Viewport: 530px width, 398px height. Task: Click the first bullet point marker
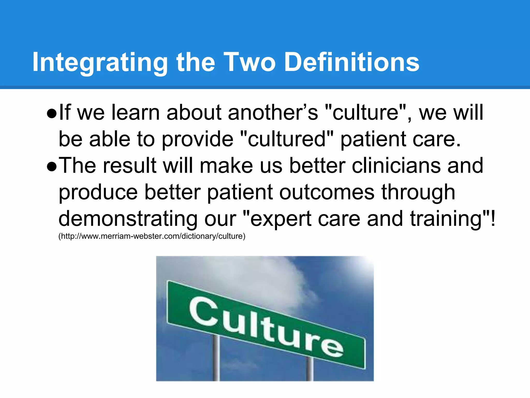[52, 114]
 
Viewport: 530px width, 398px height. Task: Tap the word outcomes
[327, 193]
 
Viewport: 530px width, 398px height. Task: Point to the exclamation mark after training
[492, 218]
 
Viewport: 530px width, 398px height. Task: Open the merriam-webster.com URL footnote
[152, 236]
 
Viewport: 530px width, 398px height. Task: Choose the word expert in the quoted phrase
[281, 219]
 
